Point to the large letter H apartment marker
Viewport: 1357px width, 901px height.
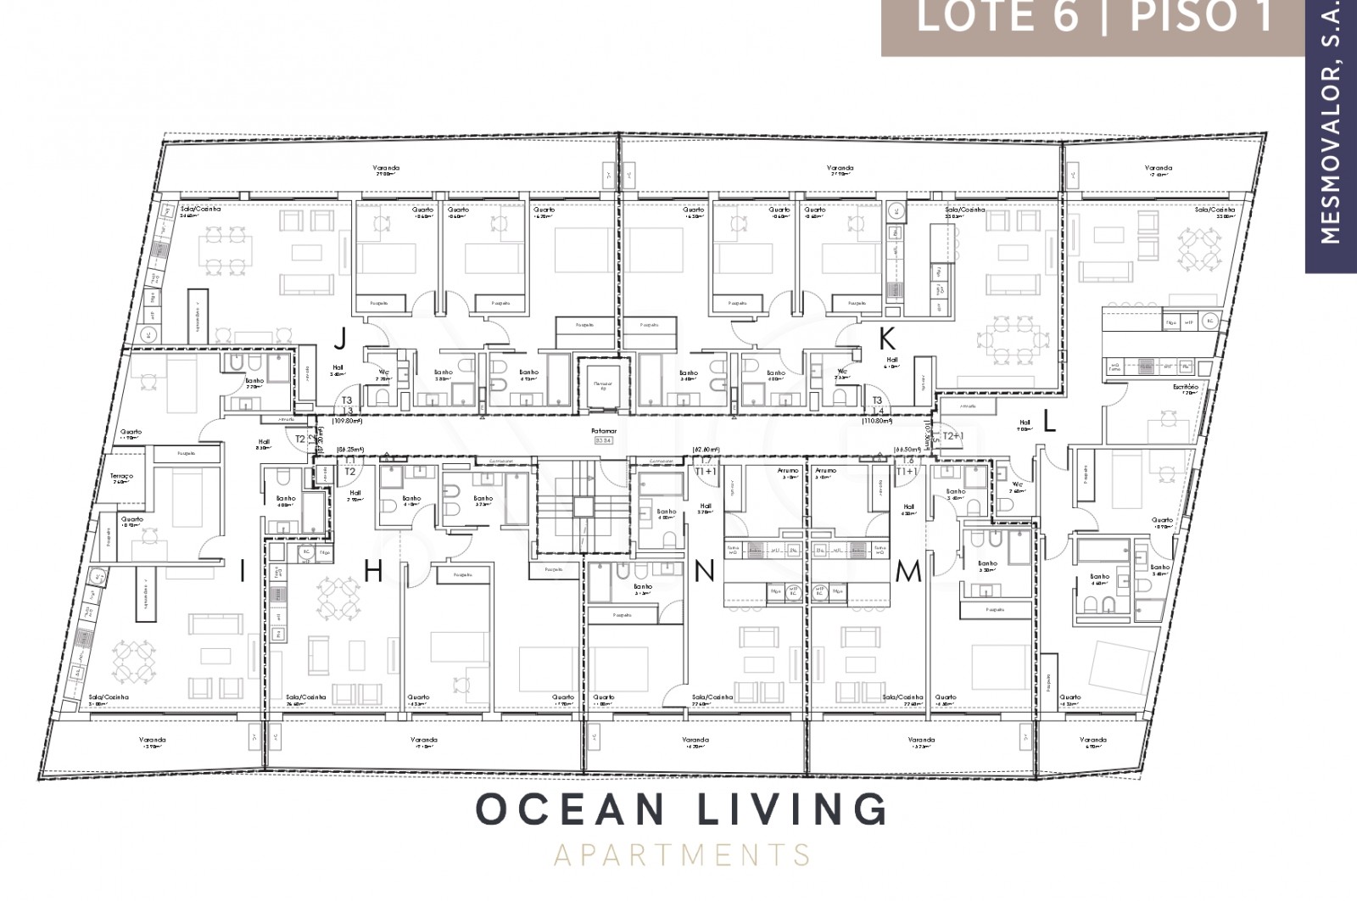point(373,573)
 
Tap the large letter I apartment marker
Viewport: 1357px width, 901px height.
point(243,573)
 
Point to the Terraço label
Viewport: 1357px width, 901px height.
point(122,477)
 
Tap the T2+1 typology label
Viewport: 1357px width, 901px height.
point(954,435)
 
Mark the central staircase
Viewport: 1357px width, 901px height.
point(582,507)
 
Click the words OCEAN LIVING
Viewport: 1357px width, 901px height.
point(681,809)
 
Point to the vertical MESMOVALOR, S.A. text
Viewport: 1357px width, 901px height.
point(1331,127)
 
